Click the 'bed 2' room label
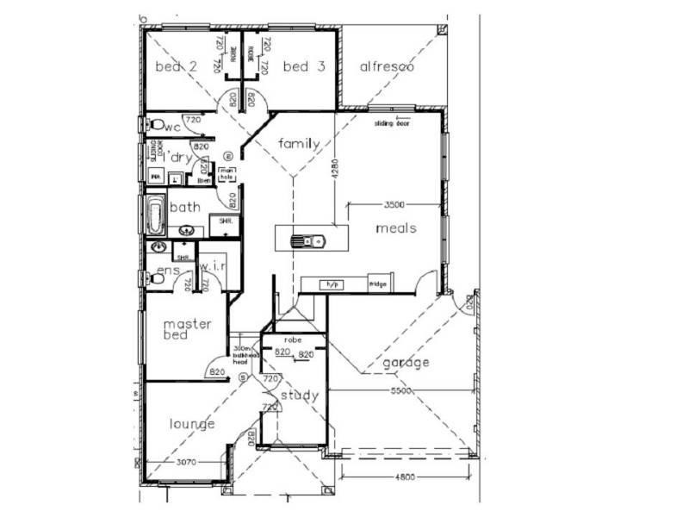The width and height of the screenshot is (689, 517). click(x=176, y=67)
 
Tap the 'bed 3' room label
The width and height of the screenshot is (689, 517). click(x=303, y=67)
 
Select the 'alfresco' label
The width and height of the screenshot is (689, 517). click(x=388, y=66)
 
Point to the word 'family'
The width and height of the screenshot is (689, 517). click(x=299, y=143)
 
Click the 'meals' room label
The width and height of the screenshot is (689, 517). click(x=396, y=228)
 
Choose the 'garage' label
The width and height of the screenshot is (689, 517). click(x=407, y=362)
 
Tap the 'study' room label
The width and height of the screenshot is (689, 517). click(x=300, y=396)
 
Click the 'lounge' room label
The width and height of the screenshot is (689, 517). click(x=191, y=423)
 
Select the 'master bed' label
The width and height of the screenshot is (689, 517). click(x=188, y=329)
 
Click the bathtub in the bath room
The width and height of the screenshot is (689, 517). click(x=155, y=215)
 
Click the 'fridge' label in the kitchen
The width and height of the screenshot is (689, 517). click(x=377, y=283)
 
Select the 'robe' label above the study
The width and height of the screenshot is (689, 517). click(x=294, y=341)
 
